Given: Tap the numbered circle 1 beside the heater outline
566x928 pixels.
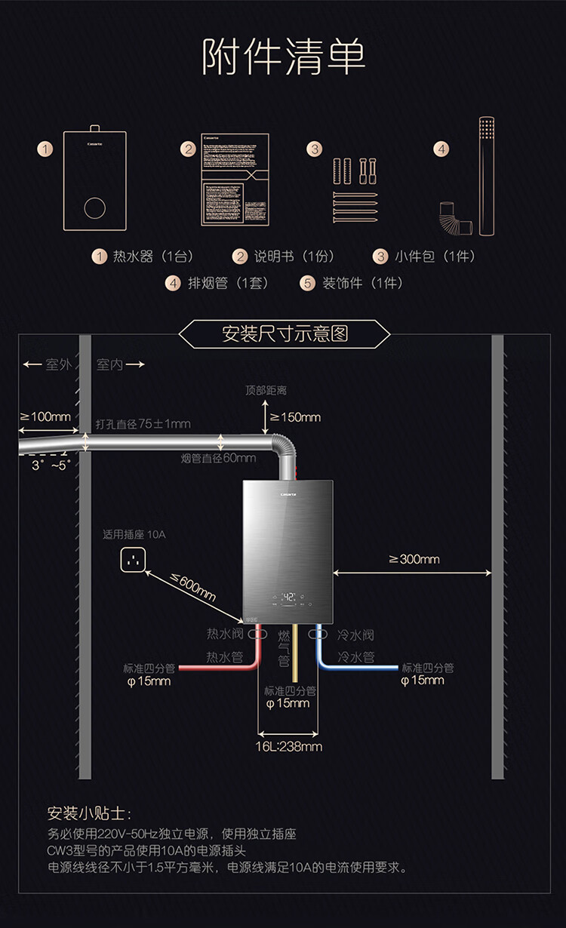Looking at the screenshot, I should tap(46, 149).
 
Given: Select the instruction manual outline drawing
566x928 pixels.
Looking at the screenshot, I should tap(235, 180).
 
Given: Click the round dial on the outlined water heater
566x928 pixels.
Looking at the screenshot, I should tap(95, 207).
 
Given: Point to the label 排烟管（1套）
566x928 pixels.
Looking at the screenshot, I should tap(218, 283).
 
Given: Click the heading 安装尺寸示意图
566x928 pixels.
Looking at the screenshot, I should tap(285, 333).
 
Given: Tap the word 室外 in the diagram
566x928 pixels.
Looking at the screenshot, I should tap(58, 365).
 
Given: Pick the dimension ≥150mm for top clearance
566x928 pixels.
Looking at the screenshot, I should tap(295, 417).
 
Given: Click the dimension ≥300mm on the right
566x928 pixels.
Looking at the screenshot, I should tap(414, 559).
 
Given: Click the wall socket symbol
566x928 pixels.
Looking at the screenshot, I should tap(132, 560).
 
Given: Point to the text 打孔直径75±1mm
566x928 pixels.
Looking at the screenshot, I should tap(143, 424).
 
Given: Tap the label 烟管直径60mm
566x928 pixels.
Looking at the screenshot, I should tap(218, 458).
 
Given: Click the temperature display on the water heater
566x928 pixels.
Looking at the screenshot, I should tap(288, 598).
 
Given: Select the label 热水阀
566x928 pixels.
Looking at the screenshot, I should tap(226, 635).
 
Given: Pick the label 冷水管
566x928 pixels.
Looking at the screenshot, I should tap(356, 657).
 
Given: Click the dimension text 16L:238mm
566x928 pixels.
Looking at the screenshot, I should tap(290, 747).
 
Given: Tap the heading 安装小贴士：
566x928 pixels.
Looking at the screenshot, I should tap(89, 814).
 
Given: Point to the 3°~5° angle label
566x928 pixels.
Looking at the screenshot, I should tap(49, 466).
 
